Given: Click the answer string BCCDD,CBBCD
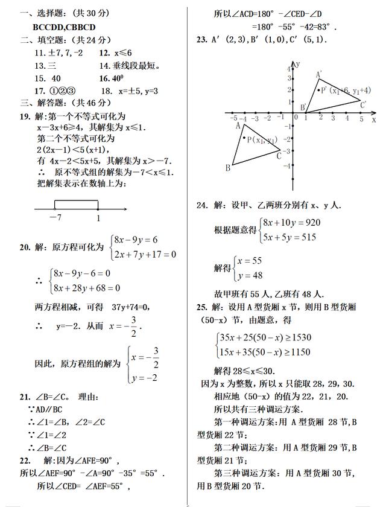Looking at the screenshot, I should pyautogui.click(x=65, y=27).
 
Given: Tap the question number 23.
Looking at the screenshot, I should pyautogui.click(x=202, y=40).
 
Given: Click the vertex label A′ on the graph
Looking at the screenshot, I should pyautogui.click(x=319, y=75).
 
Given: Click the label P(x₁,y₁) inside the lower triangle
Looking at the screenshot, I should pyautogui.click(x=261, y=140).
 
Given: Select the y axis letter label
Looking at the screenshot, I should pyautogui.click(x=298, y=63).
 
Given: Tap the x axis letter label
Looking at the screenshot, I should pyautogui.click(x=374, y=120).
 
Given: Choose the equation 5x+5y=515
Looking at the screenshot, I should pyautogui.click(x=289, y=237).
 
